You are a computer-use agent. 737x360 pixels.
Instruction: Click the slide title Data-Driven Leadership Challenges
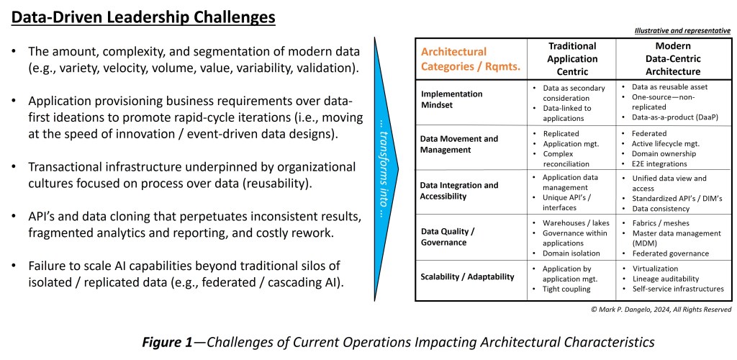pos(143,18)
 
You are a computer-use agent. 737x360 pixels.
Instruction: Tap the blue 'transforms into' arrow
pos(386,168)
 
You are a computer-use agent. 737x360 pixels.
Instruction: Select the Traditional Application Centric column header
pos(572,59)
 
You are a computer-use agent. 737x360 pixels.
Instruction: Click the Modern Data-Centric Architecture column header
pos(673,59)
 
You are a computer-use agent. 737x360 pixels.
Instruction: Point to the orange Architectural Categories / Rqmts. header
pos(471,59)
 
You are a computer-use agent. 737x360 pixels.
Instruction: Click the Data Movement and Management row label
pos(458,144)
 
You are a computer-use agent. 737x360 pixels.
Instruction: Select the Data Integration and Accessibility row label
pos(459,190)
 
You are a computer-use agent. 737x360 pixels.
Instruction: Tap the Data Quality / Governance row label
pos(443,237)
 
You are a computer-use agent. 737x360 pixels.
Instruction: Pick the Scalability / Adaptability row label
pos(467,276)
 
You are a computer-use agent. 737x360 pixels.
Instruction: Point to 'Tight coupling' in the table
pos(566,289)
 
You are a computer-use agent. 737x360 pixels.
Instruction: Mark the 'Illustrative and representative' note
pos(682,31)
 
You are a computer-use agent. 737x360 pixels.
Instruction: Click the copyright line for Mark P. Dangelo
pos(661,310)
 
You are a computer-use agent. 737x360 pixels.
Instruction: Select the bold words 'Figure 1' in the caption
pos(167,342)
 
